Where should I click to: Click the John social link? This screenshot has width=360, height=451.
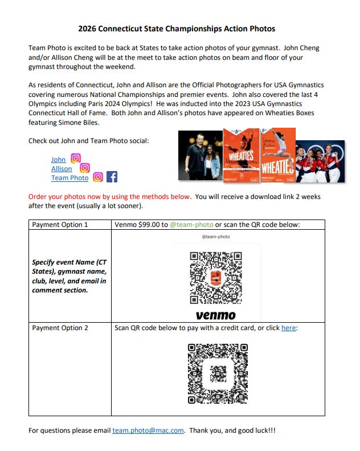(58, 160)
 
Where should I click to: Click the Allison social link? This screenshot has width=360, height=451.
(62, 169)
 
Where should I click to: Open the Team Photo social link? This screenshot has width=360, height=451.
(69, 178)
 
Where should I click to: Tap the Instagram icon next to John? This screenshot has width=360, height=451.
(75, 159)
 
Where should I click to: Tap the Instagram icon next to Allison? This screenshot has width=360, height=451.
(85, 168)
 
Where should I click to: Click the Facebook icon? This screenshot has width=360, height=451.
(112, 177)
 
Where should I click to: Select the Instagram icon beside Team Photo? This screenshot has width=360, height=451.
(98, 177)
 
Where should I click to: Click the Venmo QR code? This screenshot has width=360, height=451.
(215, 278)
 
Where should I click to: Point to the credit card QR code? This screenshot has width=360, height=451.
(218, 373)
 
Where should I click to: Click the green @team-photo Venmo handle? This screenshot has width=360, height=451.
(190, 225)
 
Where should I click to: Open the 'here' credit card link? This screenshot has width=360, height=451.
(288, 328)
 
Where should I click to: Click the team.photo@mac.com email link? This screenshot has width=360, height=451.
(148, 430)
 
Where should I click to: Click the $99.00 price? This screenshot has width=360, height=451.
(151, 225)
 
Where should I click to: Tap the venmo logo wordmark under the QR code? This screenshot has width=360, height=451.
(215, 315)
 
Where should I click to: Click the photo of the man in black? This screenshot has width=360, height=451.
(199, 155)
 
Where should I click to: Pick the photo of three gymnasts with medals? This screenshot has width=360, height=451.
(319, 161)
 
